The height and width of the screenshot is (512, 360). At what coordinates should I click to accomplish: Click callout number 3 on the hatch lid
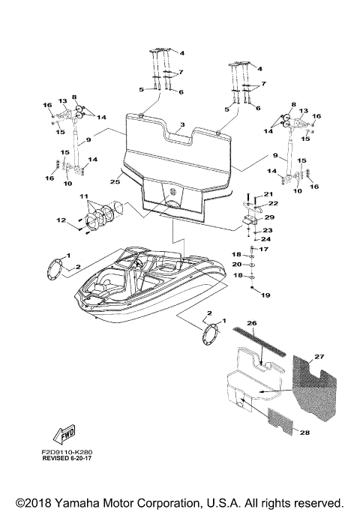pyautogui.click(x=181, y=124)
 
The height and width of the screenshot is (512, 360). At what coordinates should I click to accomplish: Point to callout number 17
pyautogui.click(x=263, y=249)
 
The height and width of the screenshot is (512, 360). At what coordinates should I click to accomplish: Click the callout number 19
pyautogui.click(x=264, y=295)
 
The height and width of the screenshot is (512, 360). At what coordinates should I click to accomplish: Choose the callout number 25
pyautogui.click(x=115, y=181)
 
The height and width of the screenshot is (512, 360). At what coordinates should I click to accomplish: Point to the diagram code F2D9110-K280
pyautogui.click(x=72, y=453)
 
